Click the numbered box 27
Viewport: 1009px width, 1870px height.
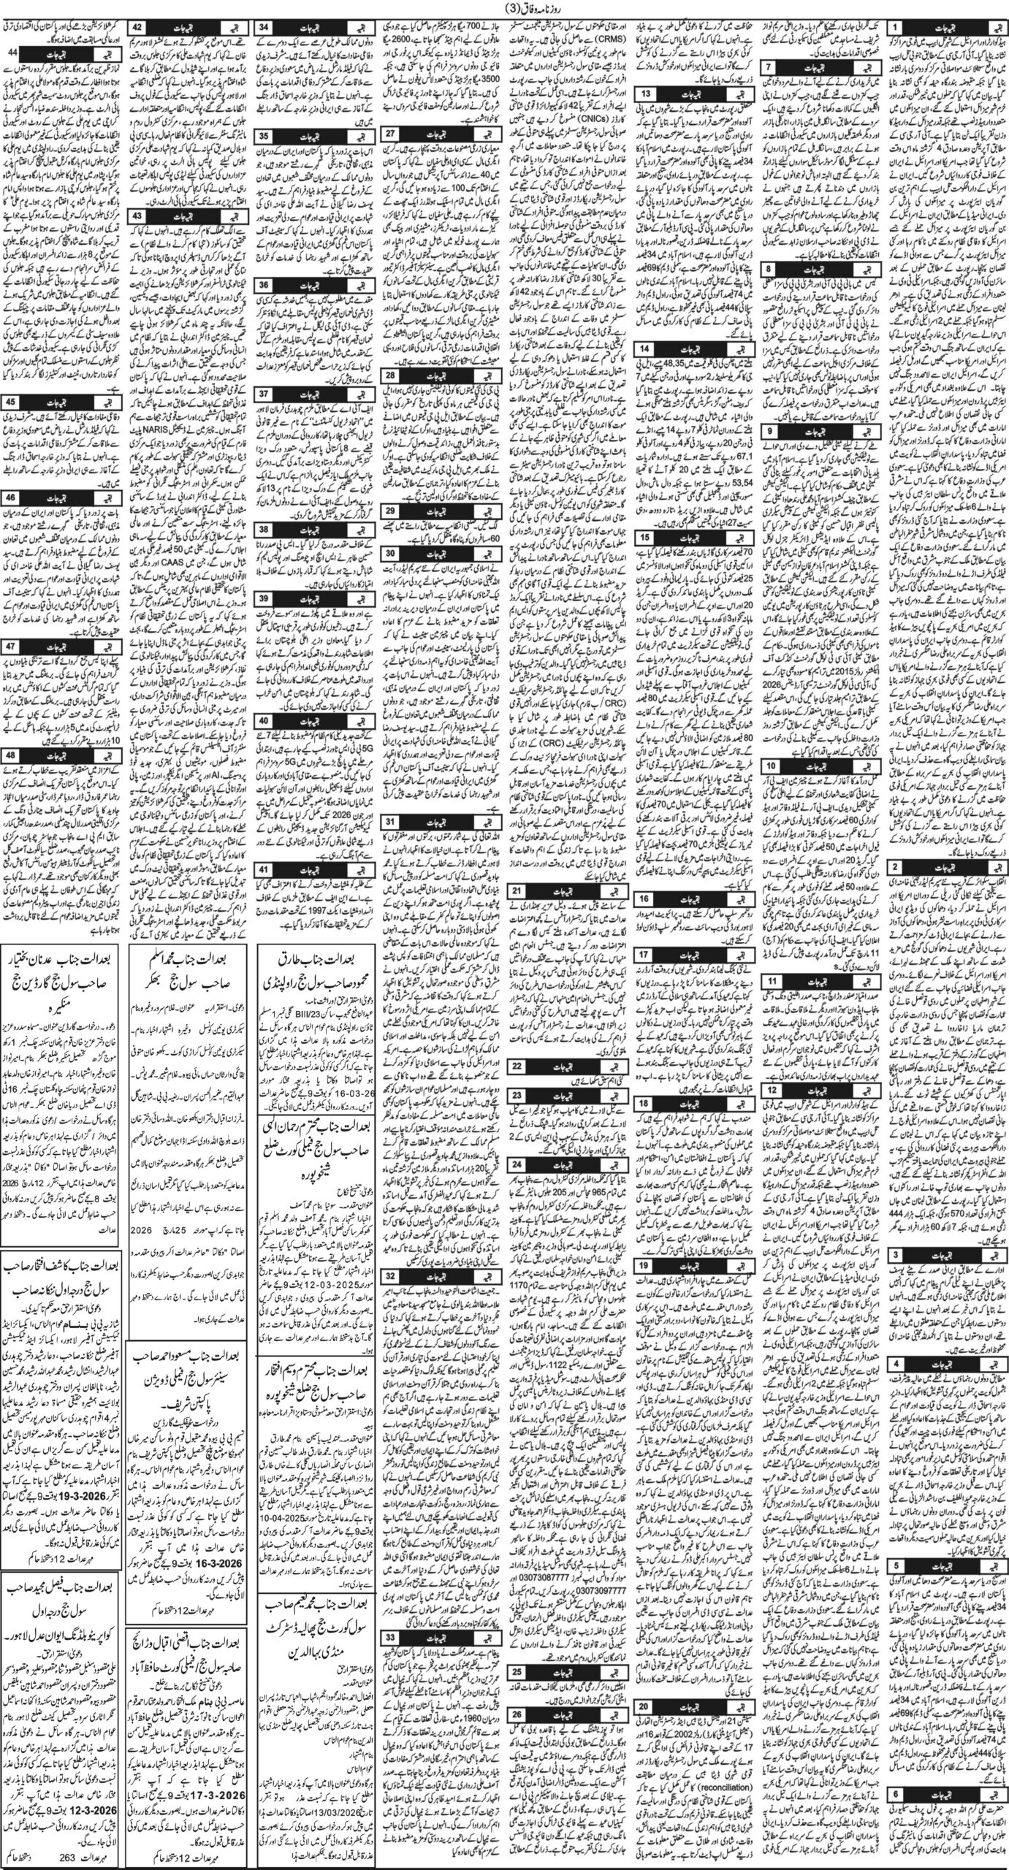click(392, 133)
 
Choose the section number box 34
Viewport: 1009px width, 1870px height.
click(265, 27)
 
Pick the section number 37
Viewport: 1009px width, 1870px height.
click(265, 394)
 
